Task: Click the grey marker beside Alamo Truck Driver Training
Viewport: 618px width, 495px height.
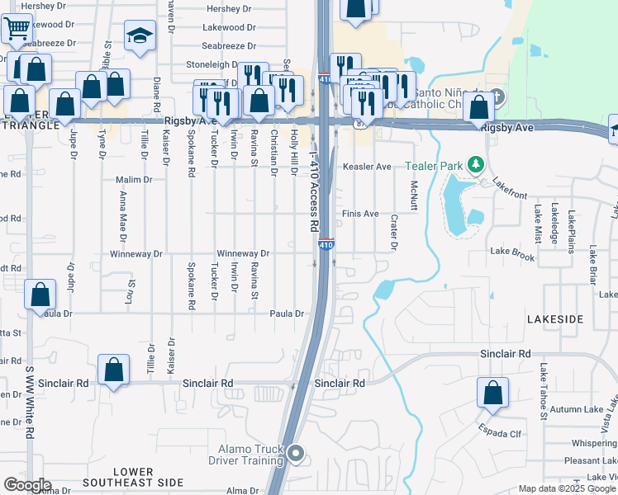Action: [x=297, y=451]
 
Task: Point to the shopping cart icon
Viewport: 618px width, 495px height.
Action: [x=17, y=29]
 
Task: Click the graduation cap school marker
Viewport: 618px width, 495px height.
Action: [x=140, y=36]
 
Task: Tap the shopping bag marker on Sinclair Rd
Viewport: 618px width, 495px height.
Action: [x=114, y=370]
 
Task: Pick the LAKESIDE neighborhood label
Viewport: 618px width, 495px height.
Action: [x=555, y=318]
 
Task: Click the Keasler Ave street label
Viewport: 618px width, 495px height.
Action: [x=367, y=167]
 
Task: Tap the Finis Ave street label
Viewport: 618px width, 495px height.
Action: [x=360, y=214]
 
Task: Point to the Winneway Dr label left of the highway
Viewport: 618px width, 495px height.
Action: [x=243, y=253]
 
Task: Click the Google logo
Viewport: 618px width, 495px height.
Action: [x=27, y=485]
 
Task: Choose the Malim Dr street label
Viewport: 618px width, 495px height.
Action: [x=135, y=179]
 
